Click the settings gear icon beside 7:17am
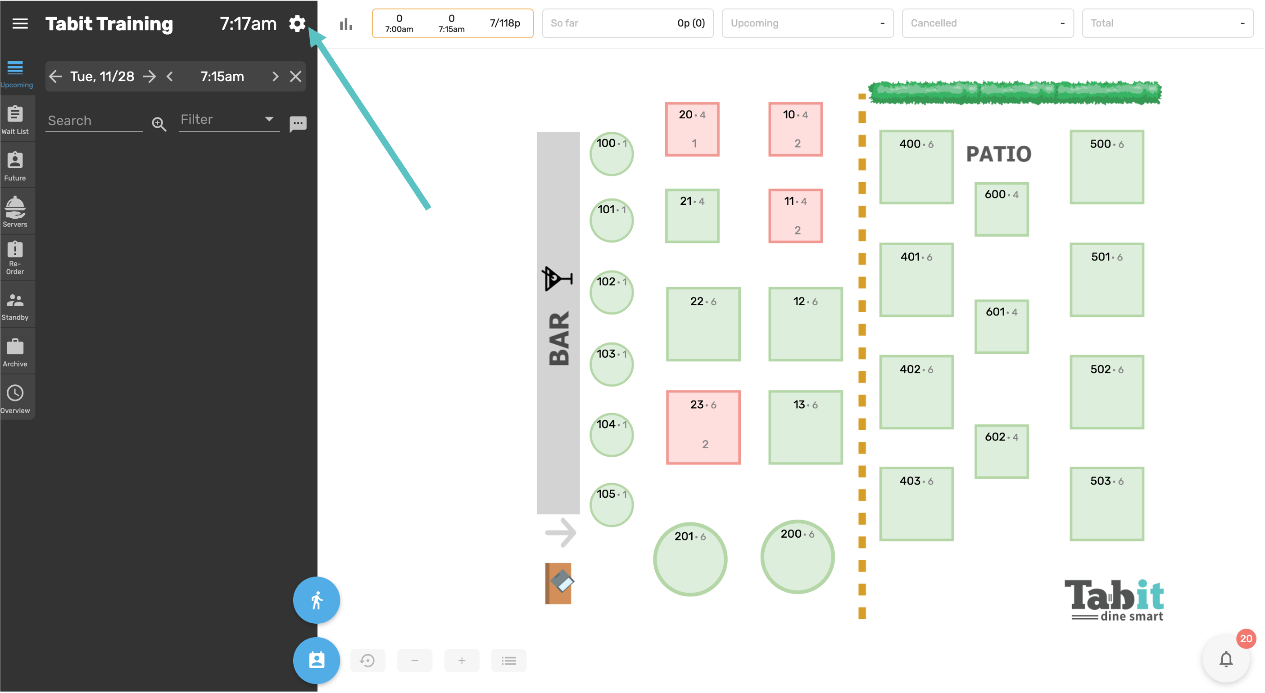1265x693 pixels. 297,23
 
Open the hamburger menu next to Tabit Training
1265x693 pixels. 20,23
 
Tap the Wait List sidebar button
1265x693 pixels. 15,119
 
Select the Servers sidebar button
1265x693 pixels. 15,212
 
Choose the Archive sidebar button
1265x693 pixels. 15,352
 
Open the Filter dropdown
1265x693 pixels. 228,120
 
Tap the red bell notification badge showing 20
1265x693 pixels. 1246,639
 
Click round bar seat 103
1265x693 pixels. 612,364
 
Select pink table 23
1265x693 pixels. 703,427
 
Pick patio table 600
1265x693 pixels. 1001,209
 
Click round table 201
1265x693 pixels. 690,559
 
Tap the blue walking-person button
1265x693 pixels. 316,600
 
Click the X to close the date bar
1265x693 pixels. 295,76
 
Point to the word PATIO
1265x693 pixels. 998,154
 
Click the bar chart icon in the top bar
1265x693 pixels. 346,23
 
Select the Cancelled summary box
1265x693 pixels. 987,23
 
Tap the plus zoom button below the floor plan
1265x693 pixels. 462,661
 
